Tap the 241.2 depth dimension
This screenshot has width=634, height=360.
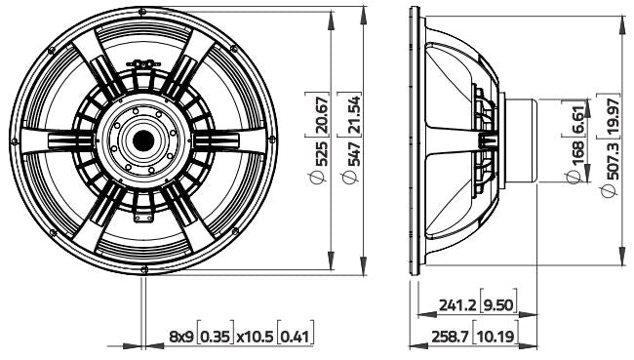coord(456,304)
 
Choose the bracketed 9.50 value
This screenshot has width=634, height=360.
coord(499,304)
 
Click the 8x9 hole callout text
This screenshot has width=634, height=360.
coord(181,337)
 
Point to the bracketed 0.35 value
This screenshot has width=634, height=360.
coord(215,337)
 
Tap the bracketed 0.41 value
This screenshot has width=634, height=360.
coord(295,337)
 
